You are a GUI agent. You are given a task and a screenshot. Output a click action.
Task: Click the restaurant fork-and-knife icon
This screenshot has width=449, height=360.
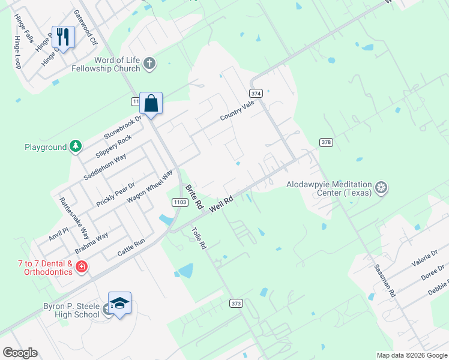point(63,37)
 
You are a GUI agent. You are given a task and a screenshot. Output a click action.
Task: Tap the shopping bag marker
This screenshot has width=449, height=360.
point(151,103)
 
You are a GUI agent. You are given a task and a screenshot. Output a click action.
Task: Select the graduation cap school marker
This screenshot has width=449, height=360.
point(119,303)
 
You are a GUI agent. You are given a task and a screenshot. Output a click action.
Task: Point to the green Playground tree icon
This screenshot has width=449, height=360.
point(76,146)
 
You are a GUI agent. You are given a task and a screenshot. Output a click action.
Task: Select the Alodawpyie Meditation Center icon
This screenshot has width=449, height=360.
point(381,188)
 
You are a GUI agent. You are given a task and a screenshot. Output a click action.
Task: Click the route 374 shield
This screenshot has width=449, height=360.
point(256,94)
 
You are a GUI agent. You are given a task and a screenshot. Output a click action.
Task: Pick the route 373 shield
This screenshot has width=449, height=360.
point(236,304)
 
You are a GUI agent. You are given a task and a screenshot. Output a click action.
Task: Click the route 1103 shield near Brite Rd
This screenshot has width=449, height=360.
point(178,202)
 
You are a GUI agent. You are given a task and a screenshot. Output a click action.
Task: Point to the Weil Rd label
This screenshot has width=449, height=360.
point(220,202)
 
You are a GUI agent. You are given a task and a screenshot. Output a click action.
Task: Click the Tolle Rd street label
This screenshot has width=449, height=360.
point(199,238)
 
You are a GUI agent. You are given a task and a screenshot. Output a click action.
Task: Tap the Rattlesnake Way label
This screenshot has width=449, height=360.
point(74,217)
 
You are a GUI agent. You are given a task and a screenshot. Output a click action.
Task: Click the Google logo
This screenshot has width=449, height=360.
point(19,353)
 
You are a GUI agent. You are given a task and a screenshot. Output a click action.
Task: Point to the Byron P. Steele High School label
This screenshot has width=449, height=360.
point(71,310)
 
